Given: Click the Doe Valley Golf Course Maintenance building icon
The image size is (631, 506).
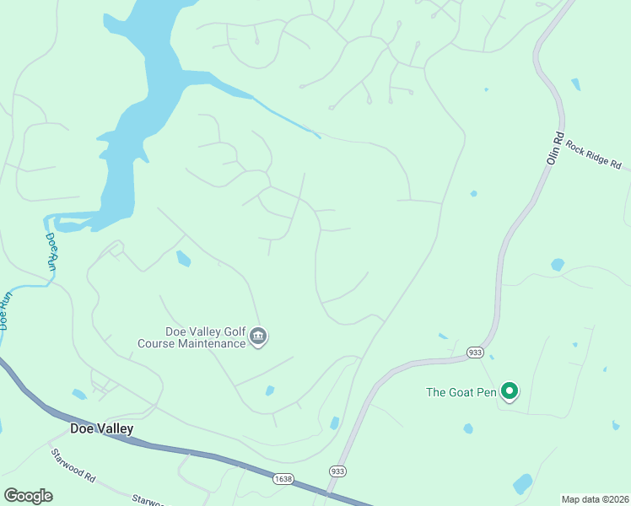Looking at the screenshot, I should coord(259,337).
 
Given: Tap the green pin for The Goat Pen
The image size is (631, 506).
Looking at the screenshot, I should coord(510,391).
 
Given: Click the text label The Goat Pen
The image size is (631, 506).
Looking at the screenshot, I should coord(461,391).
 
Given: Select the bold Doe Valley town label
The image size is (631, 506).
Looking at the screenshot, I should coord(101,428).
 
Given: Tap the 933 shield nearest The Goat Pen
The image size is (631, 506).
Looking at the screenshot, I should coord(475,352).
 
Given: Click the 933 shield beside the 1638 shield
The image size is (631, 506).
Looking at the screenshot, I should coord(338,471).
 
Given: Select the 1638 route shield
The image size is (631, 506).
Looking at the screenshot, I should coord(283,478).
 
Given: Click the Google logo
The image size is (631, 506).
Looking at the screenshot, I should coord(28,496).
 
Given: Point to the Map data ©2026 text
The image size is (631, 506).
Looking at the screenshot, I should coord(595,499).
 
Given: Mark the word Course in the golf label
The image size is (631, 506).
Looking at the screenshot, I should coord(158,343).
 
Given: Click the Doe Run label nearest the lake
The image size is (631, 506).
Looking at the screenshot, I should coord(52,251).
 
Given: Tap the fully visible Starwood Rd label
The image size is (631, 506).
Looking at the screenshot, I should coord(73,464).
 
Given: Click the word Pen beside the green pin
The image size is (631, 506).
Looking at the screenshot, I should coord(488,391).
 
